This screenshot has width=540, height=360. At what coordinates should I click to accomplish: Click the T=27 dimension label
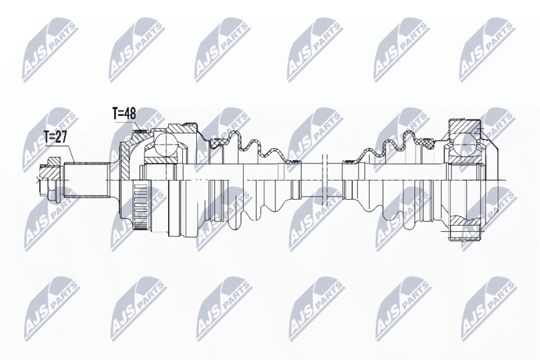[x=55, y=137]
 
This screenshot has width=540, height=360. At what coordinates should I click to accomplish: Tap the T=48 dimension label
[x=124, y=113]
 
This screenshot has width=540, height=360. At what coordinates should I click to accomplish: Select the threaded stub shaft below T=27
[x=86, y=180]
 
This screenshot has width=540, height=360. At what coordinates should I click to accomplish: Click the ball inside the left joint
[x=165, y=145]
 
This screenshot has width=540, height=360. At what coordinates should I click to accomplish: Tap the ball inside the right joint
[x=465, y=145]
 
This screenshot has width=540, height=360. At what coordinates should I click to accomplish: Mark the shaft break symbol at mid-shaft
[x=325, y=180]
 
